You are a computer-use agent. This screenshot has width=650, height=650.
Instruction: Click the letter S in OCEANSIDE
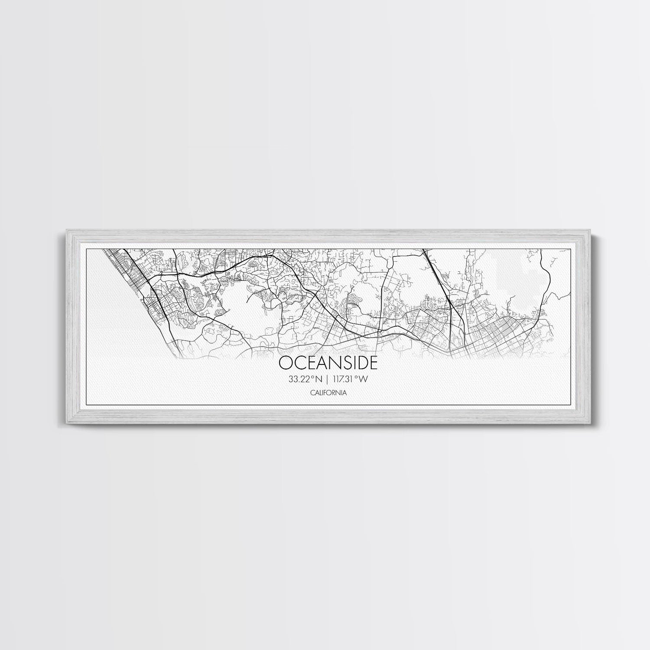pos(342,363)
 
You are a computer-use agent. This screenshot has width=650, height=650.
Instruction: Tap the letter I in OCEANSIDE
pos(349,363)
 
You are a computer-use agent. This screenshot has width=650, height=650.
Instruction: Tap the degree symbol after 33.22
pos(312,377)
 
